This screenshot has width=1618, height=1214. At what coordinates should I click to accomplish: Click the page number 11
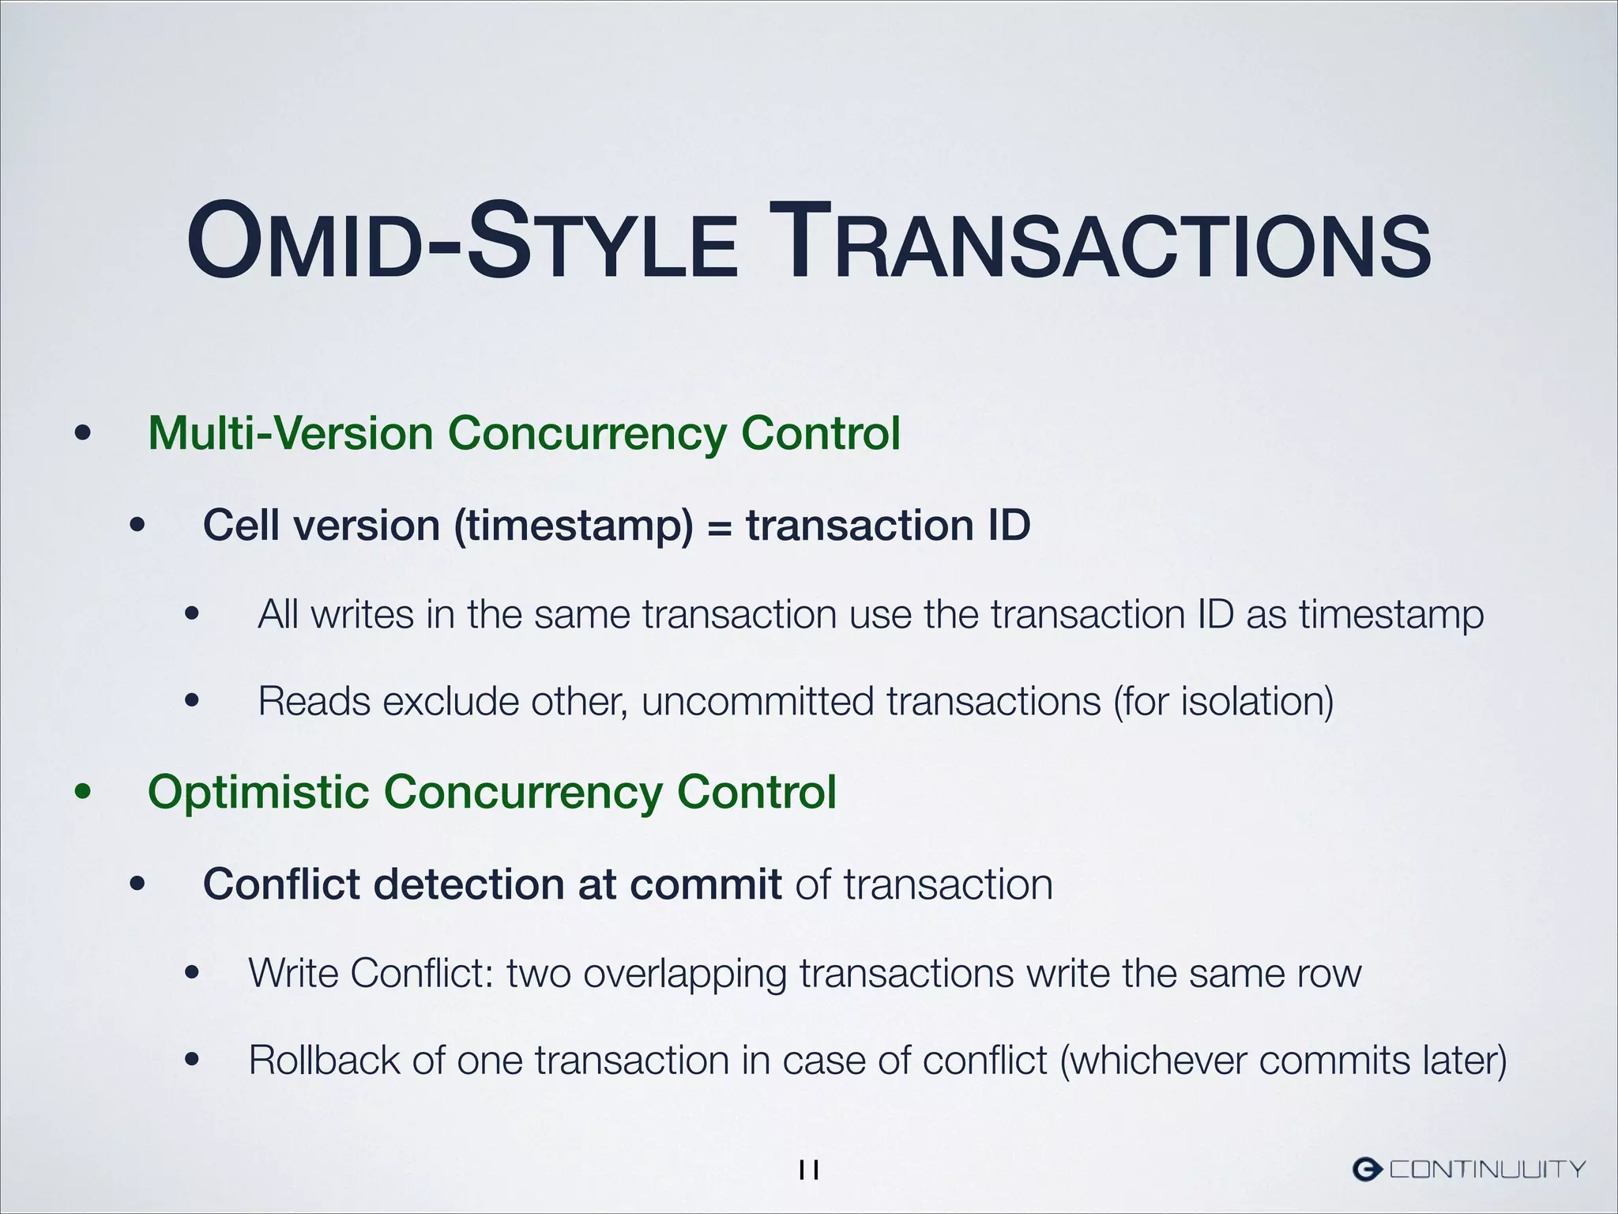[809, 1170]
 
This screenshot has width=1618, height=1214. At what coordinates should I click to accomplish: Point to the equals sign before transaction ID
[719, 526]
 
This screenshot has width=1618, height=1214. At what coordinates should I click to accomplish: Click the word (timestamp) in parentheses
[574, 526]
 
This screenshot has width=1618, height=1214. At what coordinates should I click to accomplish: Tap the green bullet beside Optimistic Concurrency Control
[83, 793]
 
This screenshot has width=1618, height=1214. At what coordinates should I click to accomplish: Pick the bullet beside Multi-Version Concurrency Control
[83, 434]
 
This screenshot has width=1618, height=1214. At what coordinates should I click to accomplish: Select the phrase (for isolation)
[1224, 701]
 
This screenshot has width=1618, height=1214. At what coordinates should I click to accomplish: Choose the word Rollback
[324, 1060]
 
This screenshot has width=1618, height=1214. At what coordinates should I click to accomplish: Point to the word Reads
[314, 701]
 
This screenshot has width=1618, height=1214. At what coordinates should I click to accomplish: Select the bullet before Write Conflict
[192, 974]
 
